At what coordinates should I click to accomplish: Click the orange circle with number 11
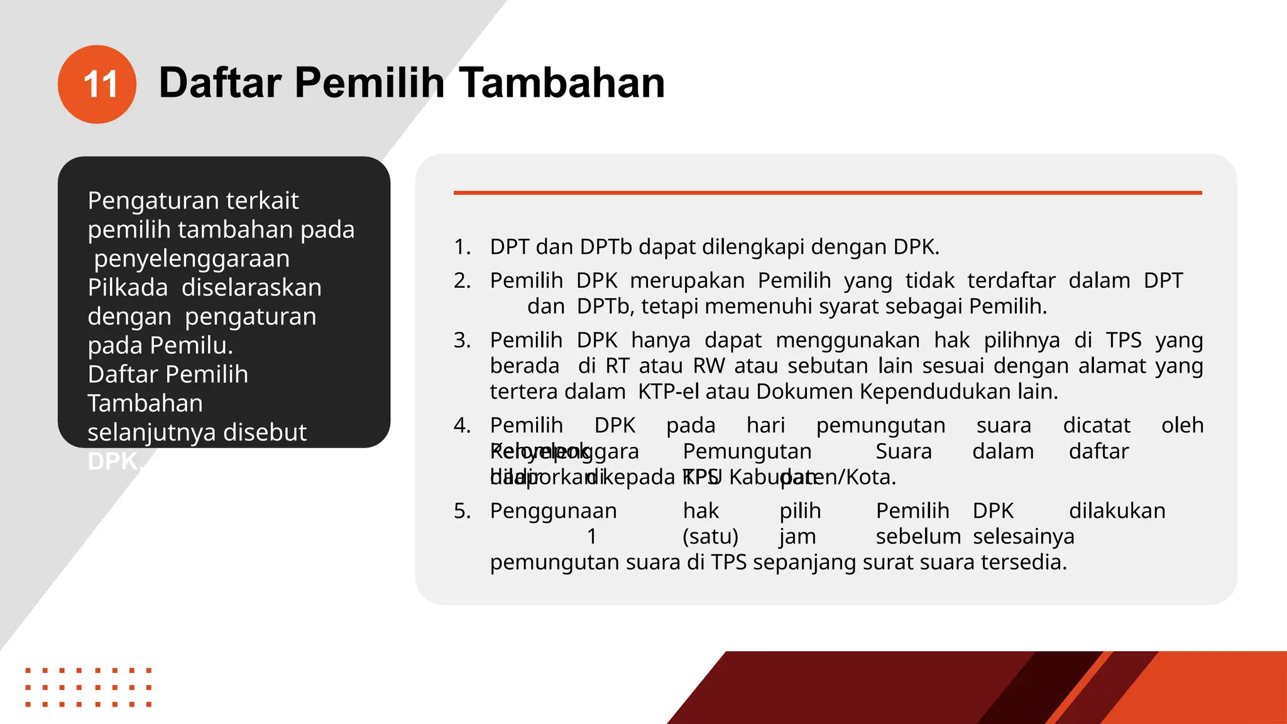[97, 84]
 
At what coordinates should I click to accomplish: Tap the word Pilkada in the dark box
[128, 287]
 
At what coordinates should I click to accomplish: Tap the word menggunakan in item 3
[847, 340]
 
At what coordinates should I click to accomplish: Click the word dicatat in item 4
[1096, 425]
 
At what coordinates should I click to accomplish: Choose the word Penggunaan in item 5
[553, 511]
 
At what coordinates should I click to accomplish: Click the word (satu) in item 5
[710, 537]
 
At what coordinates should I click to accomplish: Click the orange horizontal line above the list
[827, 193]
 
